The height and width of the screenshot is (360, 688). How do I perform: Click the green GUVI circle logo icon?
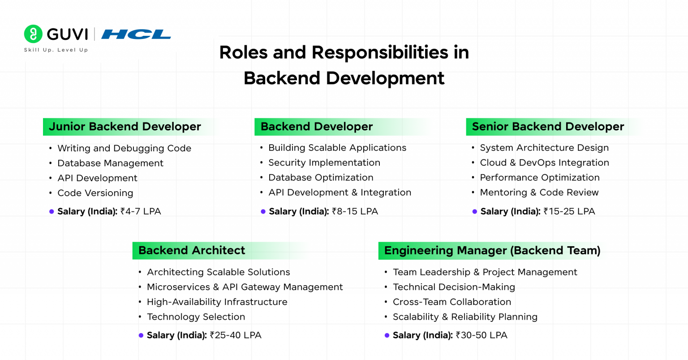(33, 34)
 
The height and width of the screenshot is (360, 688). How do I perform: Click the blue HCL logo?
(136, 34)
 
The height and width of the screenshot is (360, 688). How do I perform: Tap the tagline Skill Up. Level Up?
(56, 50)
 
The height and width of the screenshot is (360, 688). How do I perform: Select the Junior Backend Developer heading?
(125, 127)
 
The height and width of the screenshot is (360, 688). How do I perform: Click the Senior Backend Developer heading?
(547, 127)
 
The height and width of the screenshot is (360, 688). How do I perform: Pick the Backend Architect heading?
(192, 250)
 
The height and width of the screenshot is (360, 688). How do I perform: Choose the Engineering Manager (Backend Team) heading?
(492, 250)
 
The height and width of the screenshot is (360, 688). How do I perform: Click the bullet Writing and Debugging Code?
(124, 148)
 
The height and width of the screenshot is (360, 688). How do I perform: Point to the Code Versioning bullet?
(95, 193)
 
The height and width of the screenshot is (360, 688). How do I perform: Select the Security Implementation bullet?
(324, 163)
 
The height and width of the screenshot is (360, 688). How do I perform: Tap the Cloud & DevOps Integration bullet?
(544, 163)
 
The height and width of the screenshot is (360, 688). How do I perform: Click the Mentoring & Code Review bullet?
(539, 193)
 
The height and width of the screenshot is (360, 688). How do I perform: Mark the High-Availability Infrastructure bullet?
(217, 302)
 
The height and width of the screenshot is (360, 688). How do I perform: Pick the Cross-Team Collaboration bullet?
(451, 302)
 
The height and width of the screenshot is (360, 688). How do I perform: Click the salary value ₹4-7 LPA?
(141, 211)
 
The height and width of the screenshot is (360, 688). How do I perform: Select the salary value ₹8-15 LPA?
(355, 211)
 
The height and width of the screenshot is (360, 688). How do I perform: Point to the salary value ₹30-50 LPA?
(481, 335)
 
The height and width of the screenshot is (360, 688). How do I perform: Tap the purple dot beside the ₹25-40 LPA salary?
(141, 335)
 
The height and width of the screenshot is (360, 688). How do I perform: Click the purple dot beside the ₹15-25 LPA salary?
(474, 211)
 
